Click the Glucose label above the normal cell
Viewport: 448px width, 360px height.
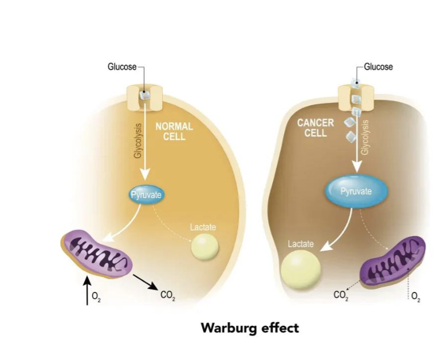pos(122,67)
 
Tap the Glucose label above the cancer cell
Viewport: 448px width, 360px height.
pos(379,67)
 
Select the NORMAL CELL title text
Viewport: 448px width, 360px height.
pos(174,132)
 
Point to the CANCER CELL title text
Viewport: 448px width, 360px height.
pos(315,128)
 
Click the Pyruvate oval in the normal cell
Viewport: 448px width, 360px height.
pos(146,195)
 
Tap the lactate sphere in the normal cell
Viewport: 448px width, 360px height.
pos(205,247)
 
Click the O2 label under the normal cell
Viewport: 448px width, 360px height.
pos(96,296)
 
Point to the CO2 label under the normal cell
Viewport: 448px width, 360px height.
pos(168,296)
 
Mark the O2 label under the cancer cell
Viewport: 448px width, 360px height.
pos(415,296)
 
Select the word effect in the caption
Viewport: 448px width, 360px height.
pos(278,329)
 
